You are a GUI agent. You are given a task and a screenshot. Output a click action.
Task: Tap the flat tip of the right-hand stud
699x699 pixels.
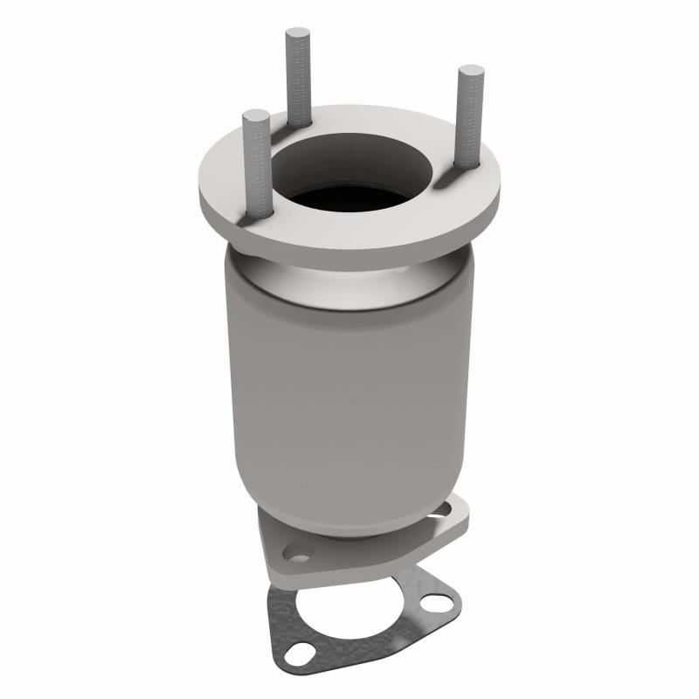click(471, 70)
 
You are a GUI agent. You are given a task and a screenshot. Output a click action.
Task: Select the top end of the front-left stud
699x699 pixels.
click(256, 114)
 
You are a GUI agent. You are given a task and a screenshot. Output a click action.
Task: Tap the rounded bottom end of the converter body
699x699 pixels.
click(349, 524)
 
